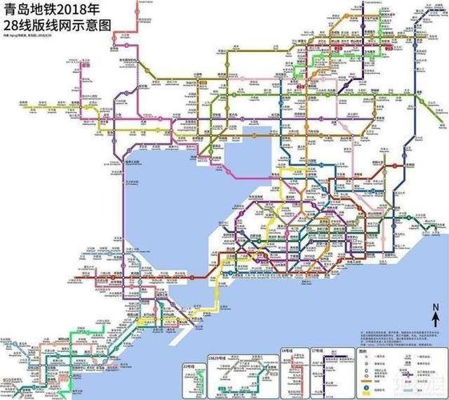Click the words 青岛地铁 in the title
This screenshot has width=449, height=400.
26,10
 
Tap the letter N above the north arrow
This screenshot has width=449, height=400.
435,306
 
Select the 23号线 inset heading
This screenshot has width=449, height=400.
190,354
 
